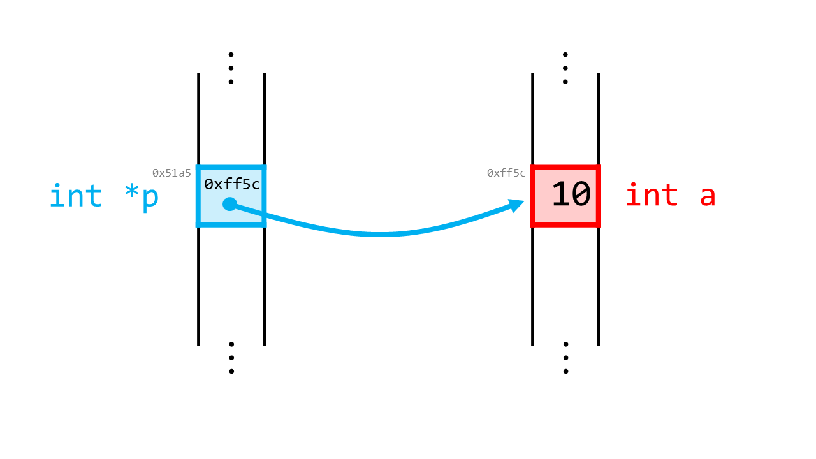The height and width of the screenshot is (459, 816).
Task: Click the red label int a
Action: click(671, 195)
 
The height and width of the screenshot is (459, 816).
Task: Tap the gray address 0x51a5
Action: click(171, 173)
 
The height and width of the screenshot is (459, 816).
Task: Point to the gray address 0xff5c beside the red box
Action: click(506, 173)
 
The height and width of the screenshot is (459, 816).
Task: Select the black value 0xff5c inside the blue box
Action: click(231, 184)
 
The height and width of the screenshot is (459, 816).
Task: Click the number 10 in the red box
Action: click(571, 194)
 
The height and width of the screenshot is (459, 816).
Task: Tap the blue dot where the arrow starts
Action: click(230, 204)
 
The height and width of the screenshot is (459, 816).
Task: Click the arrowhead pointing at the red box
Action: click(516, 205)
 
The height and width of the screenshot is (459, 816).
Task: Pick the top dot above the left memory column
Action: click(231, 55)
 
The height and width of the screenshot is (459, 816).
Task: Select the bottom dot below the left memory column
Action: click(231, 372)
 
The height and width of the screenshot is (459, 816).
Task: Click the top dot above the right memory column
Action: click(565, 55)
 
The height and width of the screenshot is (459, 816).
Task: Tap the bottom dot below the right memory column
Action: click(565, 372)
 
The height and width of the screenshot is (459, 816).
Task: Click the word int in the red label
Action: click(652, 195)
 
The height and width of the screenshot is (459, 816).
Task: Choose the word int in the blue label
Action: click(75, 195)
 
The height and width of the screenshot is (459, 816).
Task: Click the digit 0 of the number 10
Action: click(581, 194)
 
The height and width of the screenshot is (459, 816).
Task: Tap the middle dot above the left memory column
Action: click(231, 68)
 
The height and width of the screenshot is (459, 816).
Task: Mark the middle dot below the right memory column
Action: click(565, 358)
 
